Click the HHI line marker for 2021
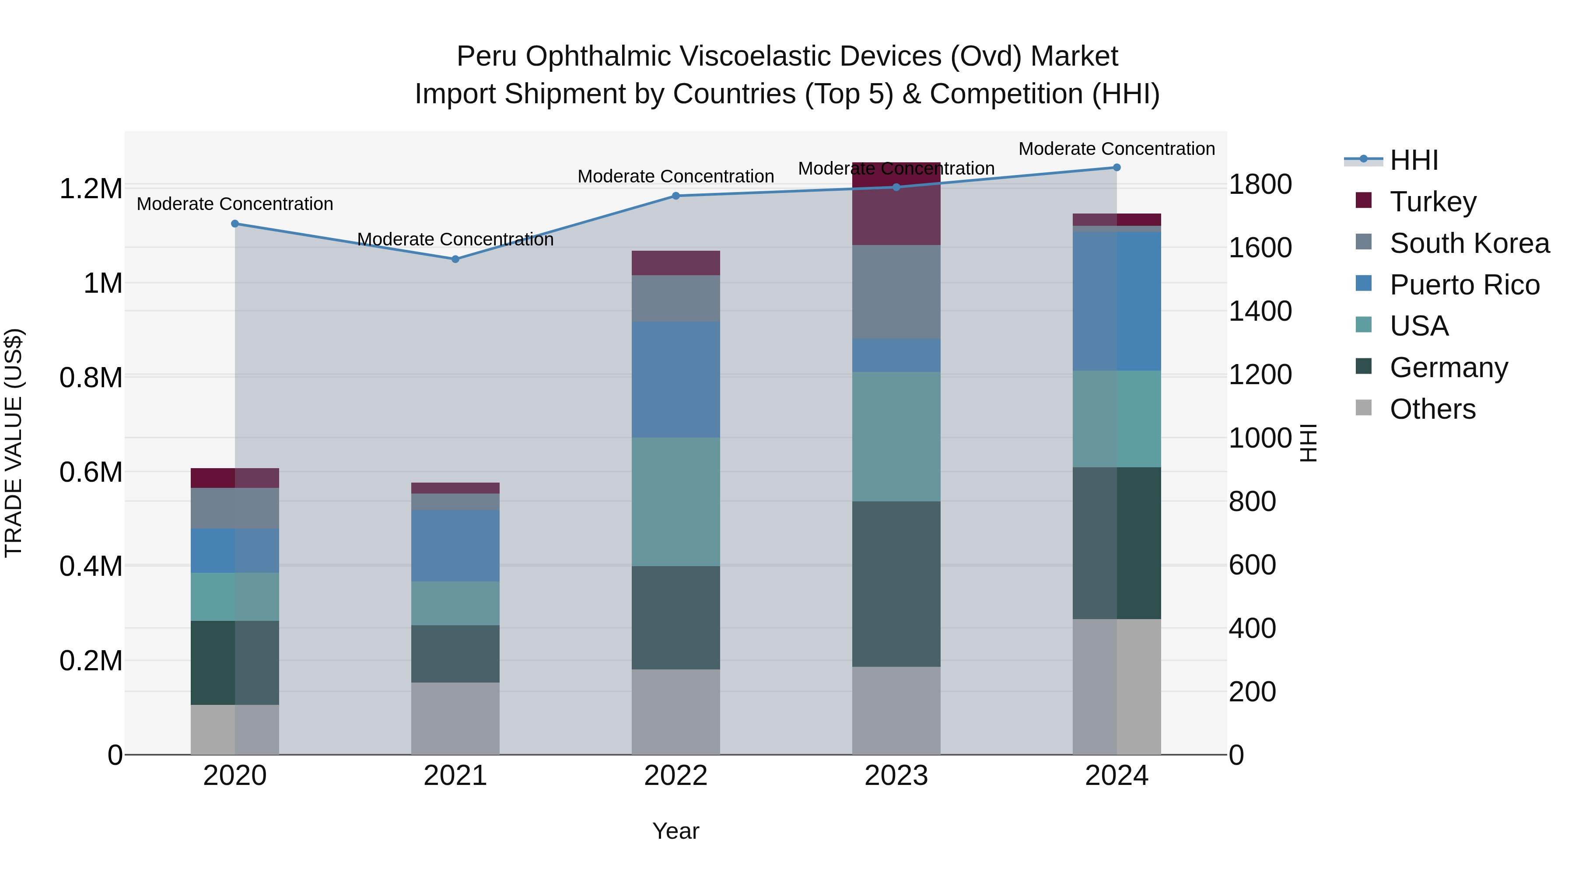[455, 259]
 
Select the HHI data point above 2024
[1116, 168]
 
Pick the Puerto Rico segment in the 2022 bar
[675, 380]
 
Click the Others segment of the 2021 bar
[455, 718]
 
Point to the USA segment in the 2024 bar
[1116, 419]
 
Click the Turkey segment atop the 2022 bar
[675, 263]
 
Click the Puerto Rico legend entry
[1464, 284]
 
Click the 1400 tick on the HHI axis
[1260, 311]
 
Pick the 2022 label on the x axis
[675, 776]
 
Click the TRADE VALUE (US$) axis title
[14, 443]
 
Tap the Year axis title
[675, 831]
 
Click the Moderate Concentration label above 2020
[235, 203]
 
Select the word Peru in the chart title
[487, 56]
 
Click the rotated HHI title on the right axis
[1308, 443]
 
